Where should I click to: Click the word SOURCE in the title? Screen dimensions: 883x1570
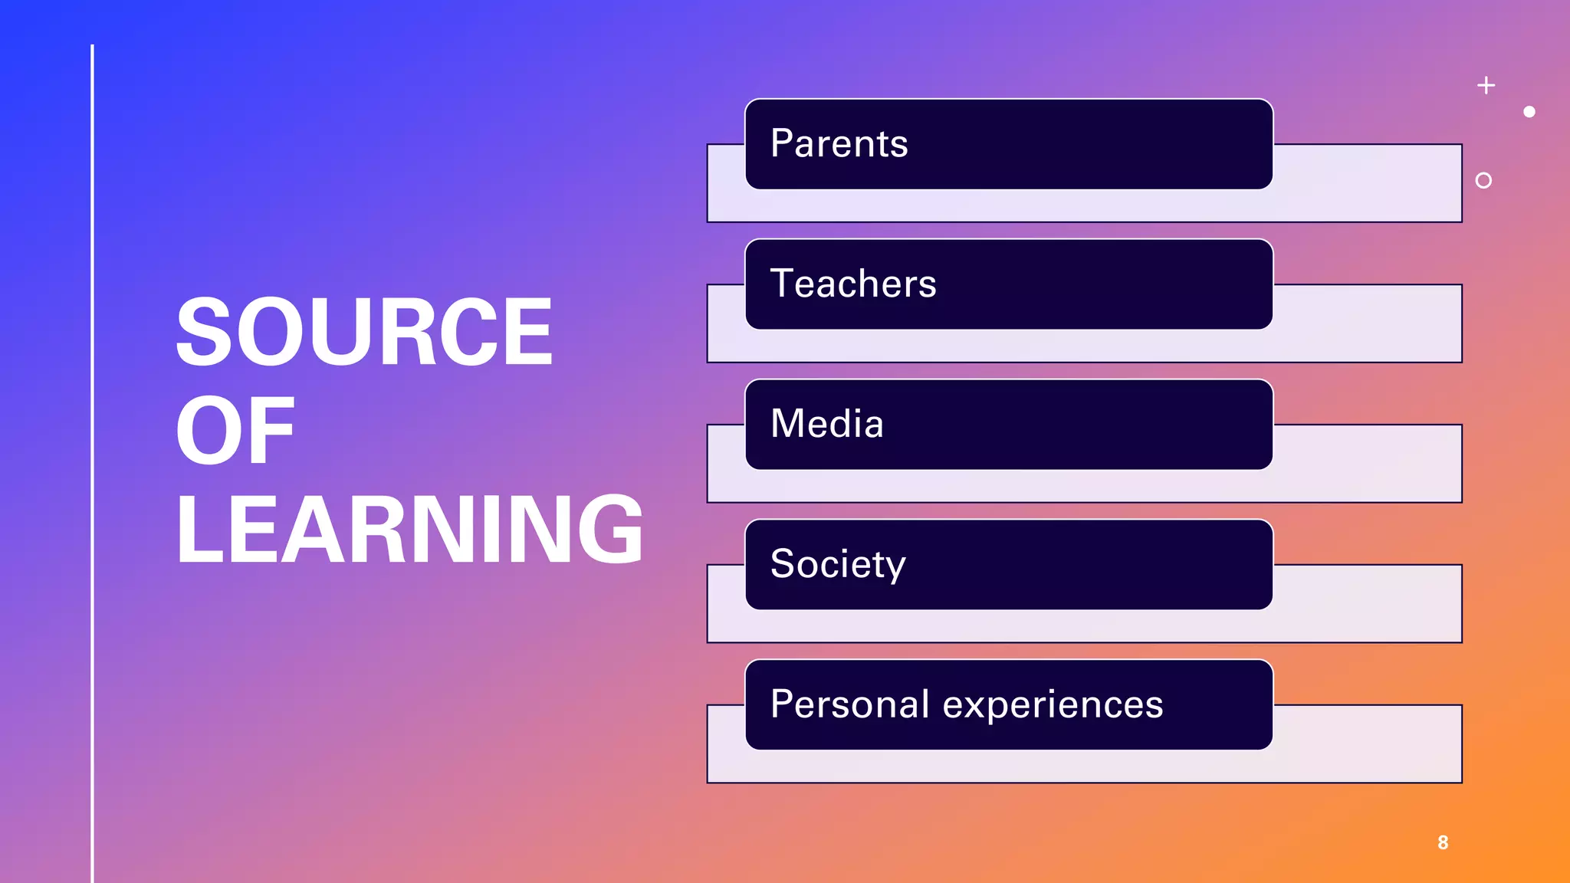(364, 332)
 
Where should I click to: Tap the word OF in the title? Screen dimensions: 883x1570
(235, 431)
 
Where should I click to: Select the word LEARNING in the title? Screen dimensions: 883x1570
(409, 530)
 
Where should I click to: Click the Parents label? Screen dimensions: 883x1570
(839, 143)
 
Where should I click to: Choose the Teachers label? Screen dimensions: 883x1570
(852, 284)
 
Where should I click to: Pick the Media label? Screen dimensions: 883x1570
(826, 424)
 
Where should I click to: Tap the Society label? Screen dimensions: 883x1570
(837, 564)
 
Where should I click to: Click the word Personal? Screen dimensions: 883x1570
(849, 704)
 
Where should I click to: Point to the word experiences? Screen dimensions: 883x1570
(1053, 705)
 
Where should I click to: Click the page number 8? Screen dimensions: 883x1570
(1443, 842)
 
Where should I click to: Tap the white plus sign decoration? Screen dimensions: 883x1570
(1486, 85)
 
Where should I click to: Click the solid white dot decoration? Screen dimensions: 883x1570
(1529, 112)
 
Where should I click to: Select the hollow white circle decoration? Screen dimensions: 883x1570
(1483, 180)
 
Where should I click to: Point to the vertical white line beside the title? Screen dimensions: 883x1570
(93, 460)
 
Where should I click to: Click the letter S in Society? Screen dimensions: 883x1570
(783, 564)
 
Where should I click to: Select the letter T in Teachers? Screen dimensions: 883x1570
(783, 284)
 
